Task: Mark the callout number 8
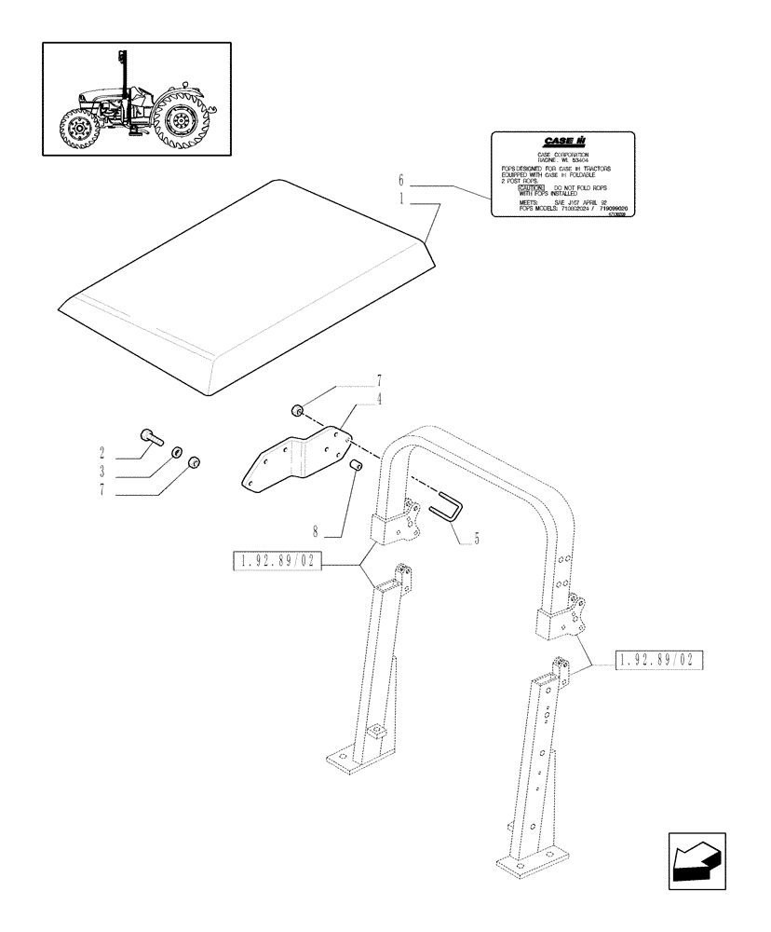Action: click(x=316, y=533)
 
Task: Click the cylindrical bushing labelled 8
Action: click(x=354, y=465)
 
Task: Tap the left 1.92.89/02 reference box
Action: click(x=274, y=563)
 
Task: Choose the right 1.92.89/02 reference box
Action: click(x=658, y=660)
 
